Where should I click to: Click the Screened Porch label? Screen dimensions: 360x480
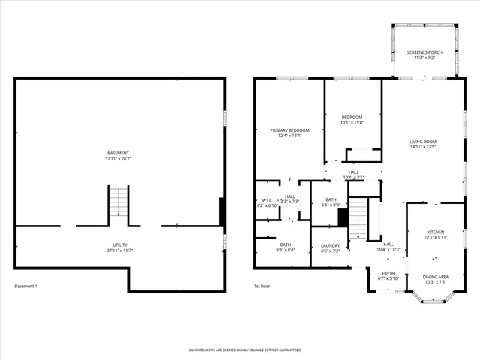424,52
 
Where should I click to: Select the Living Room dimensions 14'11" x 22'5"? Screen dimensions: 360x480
423,147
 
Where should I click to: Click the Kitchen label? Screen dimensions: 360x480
436,232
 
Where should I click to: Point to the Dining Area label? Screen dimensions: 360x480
436,277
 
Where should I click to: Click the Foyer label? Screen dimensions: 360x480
388,274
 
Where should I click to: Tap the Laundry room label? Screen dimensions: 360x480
330,245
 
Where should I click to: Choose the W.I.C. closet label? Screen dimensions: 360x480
267,201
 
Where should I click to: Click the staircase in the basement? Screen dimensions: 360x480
118,201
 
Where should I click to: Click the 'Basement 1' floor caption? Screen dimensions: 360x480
25,286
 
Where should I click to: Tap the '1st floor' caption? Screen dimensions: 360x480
262,286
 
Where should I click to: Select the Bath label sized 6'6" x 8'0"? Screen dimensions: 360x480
331,199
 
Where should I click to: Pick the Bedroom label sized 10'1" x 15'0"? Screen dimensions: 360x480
352,118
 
